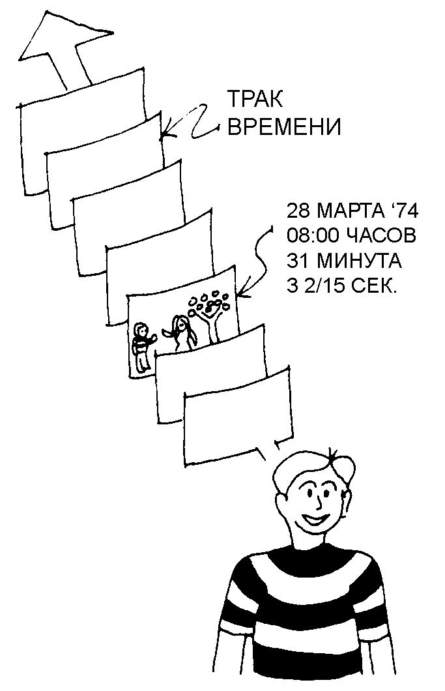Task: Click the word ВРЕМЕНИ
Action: point(283,126)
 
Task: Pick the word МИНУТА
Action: point(360,261)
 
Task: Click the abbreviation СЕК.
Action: point(374,286)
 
